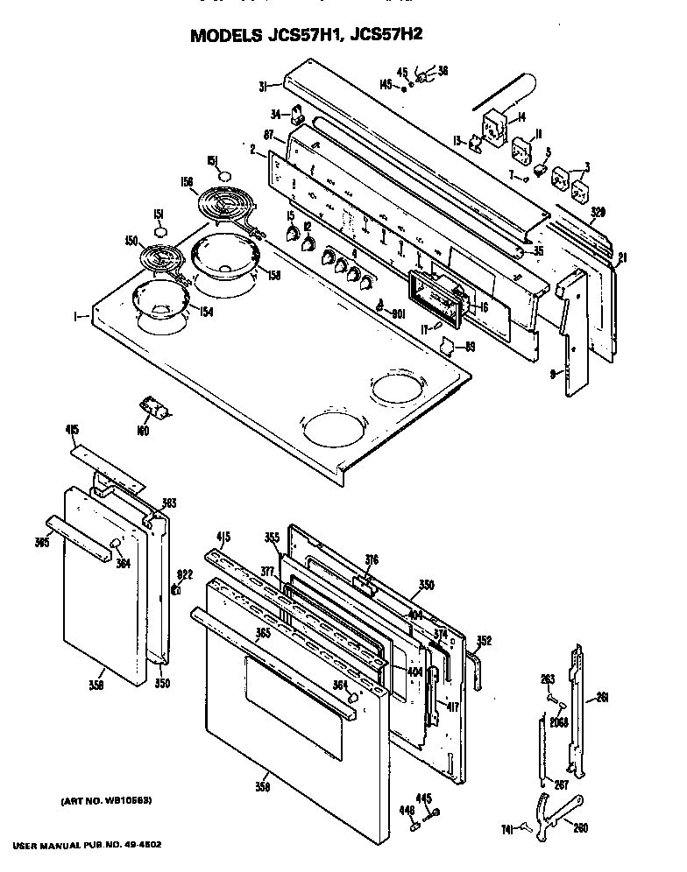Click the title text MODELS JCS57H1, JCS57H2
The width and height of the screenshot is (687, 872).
point(342,38)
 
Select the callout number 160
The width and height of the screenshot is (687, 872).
point(143,431)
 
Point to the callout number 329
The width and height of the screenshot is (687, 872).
point(598,212)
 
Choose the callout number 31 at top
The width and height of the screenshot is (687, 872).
point(263,85)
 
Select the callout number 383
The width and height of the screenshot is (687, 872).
point(168,503)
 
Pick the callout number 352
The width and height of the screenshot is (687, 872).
point(484,641)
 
